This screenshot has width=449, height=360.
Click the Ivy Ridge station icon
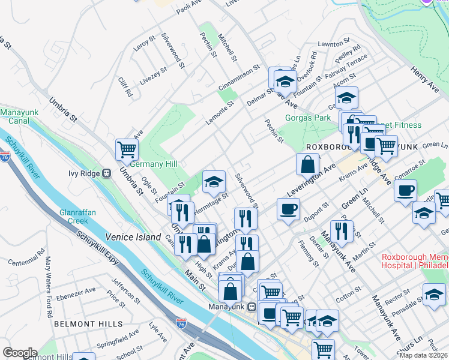107,173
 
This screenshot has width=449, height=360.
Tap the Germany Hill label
154,164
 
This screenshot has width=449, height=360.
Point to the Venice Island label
133,237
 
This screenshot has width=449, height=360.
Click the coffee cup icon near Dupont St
288,209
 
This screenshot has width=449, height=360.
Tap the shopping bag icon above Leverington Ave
307,163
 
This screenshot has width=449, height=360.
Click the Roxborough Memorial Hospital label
415,261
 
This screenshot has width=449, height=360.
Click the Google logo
20,353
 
